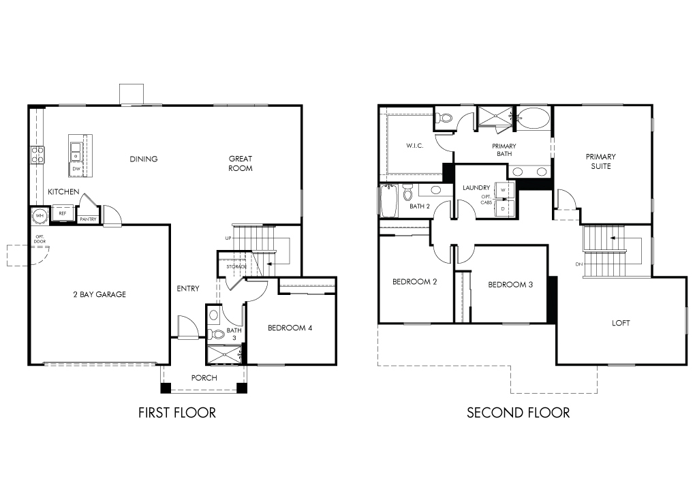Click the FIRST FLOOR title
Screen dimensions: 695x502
click(177, 413)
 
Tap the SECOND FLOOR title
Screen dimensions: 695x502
click(518, 413)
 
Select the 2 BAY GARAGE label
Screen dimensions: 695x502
click(99, 294)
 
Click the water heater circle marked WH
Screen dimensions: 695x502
click(40, 216)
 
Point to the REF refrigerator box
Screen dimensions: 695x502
click(63, 213)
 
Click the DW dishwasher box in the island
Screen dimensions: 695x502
click(76, 169)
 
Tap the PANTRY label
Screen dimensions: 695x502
click(88, 219)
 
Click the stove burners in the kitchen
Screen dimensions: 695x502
click(37, 154)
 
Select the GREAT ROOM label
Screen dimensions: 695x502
click(241, 163)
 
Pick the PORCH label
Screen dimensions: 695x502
click(204, 378)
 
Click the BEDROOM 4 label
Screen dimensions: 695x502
click(290, 328)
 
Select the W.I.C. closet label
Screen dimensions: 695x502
click(415, 146)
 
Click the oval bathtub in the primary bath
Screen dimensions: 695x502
click(534, 119)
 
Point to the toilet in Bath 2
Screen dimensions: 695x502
click(408, 193)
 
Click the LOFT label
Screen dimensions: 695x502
click(621, 323)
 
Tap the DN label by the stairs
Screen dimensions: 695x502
click(579, 264)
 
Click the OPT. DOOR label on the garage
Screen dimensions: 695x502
click(40, 239)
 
